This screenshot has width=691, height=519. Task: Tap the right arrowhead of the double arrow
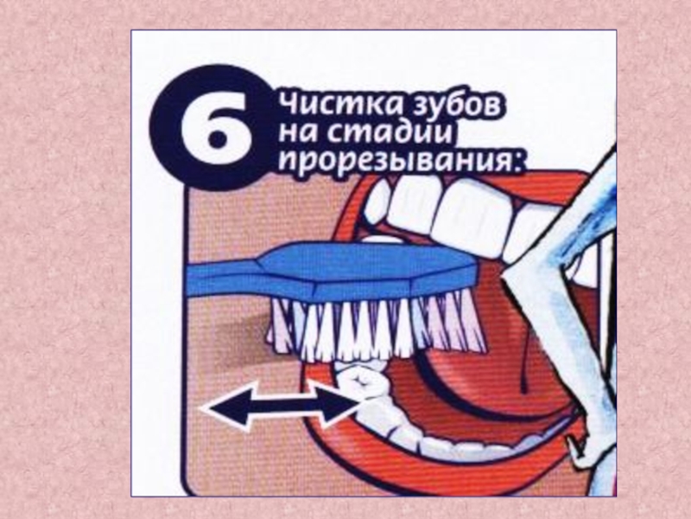tap(336, 405)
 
